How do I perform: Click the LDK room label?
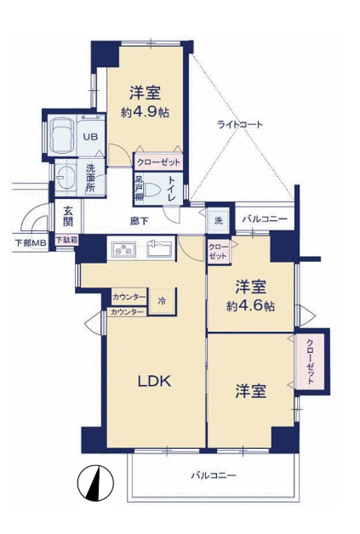(154, 381)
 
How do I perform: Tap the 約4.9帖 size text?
(146, 112)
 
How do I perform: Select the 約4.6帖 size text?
(251, 306)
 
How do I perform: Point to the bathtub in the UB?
(62, 135)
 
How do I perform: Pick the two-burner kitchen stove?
(122, 250)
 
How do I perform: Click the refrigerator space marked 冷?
(162, 301)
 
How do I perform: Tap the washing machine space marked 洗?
(218, 220)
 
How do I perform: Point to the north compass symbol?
(95, 483)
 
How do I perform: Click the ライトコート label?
(240, 124)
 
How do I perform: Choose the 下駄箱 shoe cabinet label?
(67, 240)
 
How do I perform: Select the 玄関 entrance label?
(68, 216)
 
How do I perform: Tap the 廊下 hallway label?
(139, 221)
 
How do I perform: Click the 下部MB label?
(31, 243)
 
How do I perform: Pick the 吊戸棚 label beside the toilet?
(139, 188)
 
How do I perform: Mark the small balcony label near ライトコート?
(265, 219)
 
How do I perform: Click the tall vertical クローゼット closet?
(311, 362)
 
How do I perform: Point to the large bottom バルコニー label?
(213, 475)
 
